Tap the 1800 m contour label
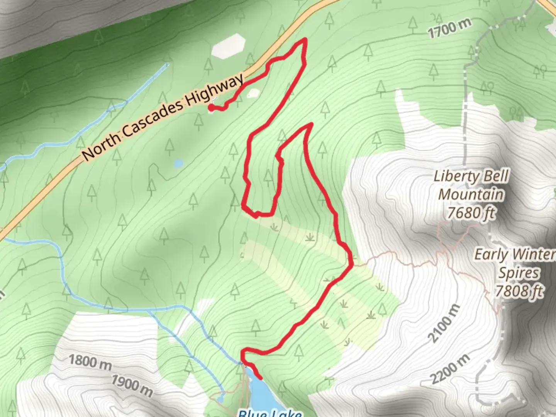[90, 362]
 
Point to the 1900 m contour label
[132, 385]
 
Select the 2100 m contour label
[444, 324]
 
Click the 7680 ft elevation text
[471, 213]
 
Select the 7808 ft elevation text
[519, 291]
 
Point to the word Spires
[519, 273]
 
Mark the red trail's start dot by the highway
[211, 108]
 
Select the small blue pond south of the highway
[178, 164]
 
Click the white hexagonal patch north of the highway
[228, 46]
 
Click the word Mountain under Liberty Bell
[471, 195]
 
